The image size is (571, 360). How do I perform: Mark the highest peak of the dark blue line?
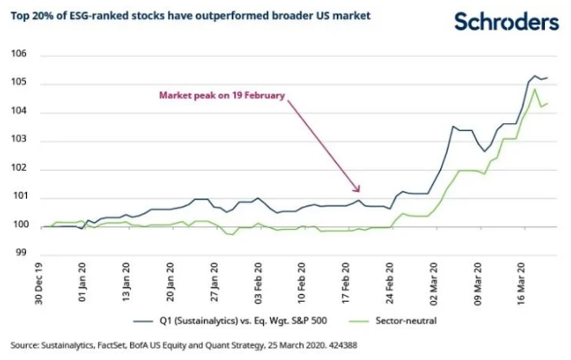click(535, 76)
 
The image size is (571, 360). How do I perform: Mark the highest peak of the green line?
click(535, 89)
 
